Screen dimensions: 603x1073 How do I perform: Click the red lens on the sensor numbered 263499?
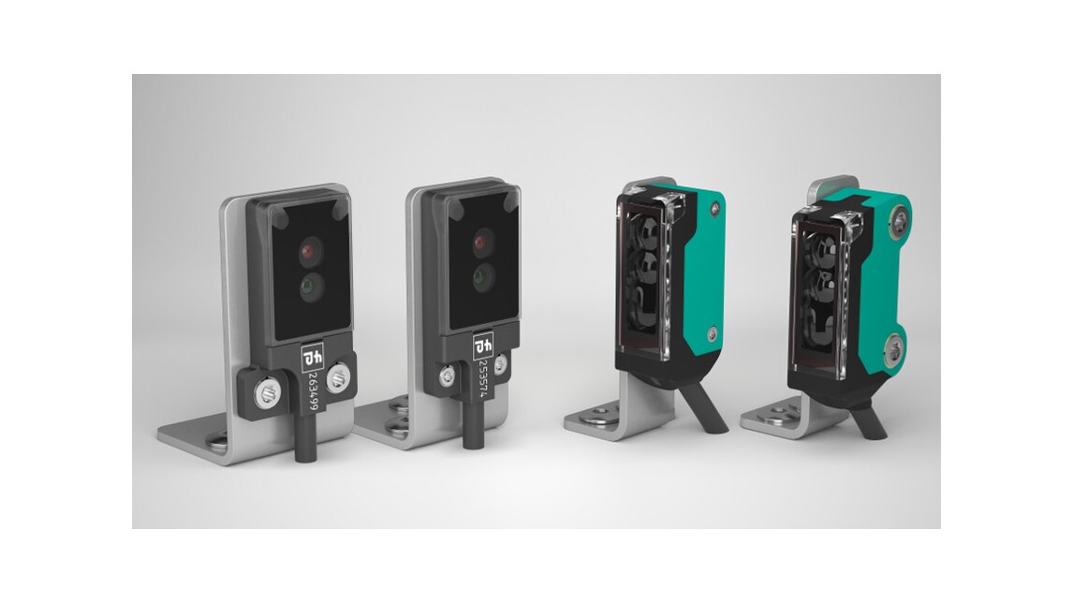pos(311,251)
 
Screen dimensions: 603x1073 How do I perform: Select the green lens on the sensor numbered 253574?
pos(482,275)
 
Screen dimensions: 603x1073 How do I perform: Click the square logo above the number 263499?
pos(311,357)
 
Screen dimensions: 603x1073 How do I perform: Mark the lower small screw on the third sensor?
pos(713,330)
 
